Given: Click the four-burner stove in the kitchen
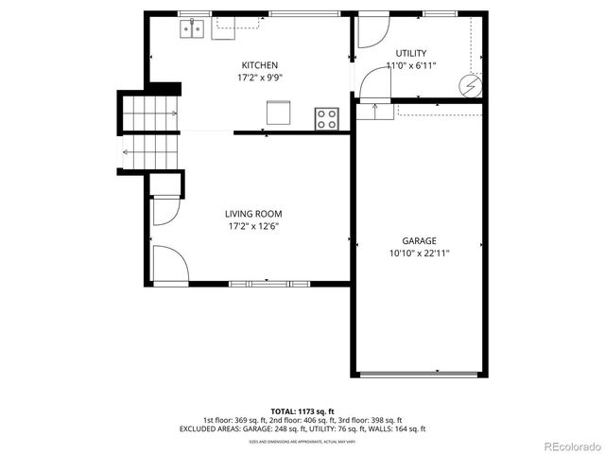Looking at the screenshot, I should tap(327, 118).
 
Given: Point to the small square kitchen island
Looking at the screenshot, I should tap(277, 113).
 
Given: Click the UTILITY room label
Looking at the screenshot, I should tap(411, 53).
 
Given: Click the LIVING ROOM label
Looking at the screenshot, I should tap(253, 214).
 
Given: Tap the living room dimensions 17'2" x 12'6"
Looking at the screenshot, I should tap(253, 226).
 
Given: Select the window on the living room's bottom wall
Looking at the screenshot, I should tap(269, 283).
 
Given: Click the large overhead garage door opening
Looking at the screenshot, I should tap(419, 375).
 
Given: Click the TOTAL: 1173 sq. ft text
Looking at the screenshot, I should tap(302, 411).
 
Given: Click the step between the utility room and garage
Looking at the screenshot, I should tap(374, 111).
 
